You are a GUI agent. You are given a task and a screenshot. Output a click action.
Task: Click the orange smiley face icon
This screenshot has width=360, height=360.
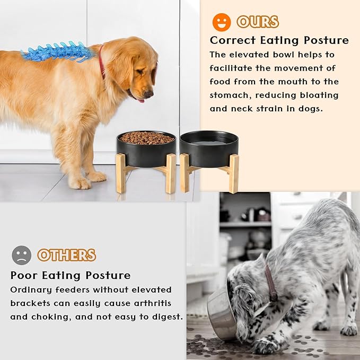point(222,22)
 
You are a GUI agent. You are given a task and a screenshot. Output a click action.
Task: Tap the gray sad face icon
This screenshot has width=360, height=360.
point(21,255)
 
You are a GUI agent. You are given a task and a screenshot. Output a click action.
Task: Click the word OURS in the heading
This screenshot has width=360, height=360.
point(258,22)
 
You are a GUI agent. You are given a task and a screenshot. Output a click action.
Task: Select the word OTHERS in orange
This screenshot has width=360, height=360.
point(66,255)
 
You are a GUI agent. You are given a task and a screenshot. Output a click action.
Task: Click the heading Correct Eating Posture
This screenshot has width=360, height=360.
point(279,40)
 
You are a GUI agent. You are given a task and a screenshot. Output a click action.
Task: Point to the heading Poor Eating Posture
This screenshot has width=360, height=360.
point(70,275)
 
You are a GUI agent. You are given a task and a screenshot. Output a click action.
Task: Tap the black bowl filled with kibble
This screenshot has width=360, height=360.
point(146,148)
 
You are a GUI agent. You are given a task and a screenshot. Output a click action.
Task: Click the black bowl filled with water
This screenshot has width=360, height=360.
point(208,148)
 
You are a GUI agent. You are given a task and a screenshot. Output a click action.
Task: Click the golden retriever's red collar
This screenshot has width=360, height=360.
point(101,61)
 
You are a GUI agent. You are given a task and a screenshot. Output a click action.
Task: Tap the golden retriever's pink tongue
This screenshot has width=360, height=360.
point(140,100)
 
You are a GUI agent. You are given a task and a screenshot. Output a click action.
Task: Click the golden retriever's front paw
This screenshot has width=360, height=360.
point(80,183)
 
